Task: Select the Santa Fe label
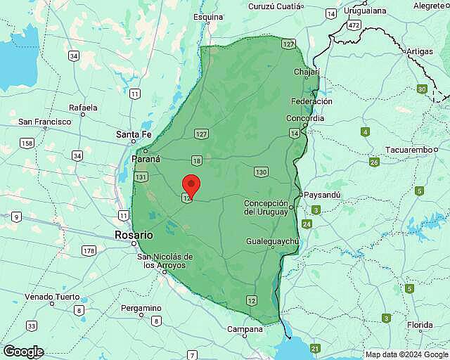(x=134, y=134)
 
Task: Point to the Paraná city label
(x=146, y=159)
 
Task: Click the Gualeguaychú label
(x=273, y=241)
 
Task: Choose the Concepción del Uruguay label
(x=266, y=207)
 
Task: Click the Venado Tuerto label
(x=53, y=297)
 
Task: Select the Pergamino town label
(x=141, y=308)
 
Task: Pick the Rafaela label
(x=83, y=108)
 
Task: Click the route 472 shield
(x=353, y=25)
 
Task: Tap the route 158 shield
(x=27, y=143)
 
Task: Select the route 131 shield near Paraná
(x=141, y=177)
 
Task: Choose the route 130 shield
(x=262, y=172)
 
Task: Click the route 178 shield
(x=89, y=250)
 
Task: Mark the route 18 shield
(x=196, y=160)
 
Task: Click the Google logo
(x=23, y=352)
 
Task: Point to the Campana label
(x=245, y=329)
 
